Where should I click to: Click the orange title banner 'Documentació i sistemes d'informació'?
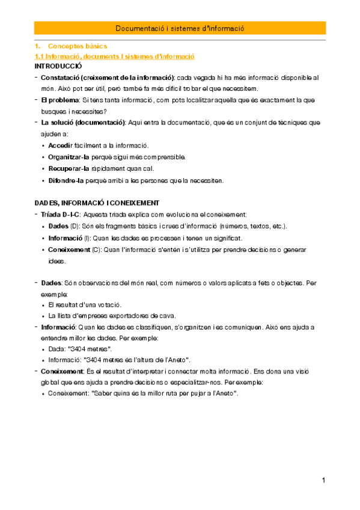[180, 28]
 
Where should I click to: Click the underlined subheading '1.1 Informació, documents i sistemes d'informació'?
[114, 56]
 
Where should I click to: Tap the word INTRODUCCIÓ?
[58, 66]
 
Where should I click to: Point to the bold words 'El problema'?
[59, 100]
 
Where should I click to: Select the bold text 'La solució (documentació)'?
[83, 123]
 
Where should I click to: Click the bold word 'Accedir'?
[60, 146]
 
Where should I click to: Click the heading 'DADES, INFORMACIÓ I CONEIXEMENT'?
[96, 203]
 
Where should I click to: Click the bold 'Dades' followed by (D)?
[58, 226]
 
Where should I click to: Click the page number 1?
[323, 481]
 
